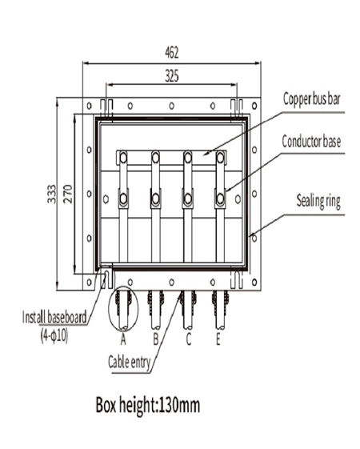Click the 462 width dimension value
pyautogui.click(x=171, y=54)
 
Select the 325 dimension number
pyautogui.click(x=171, y=77)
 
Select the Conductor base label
pyautogui.click(x=311, y=143)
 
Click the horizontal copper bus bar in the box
pyautogui.click(x=171, y=156)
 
